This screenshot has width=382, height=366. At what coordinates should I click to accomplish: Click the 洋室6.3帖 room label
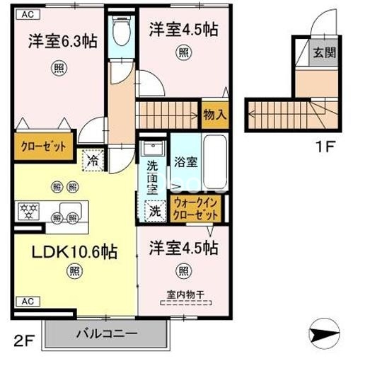[x=63, y=40]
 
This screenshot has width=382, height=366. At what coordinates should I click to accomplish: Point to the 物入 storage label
[x=215, y=113]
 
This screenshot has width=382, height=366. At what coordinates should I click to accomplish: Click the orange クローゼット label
[x=43, y=147]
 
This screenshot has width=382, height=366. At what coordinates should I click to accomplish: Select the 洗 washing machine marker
[x=154, y=210]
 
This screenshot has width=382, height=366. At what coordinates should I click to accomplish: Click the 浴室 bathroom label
[x=186, y=161]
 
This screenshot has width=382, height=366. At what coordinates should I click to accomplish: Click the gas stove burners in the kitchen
[x=30, y=210]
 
